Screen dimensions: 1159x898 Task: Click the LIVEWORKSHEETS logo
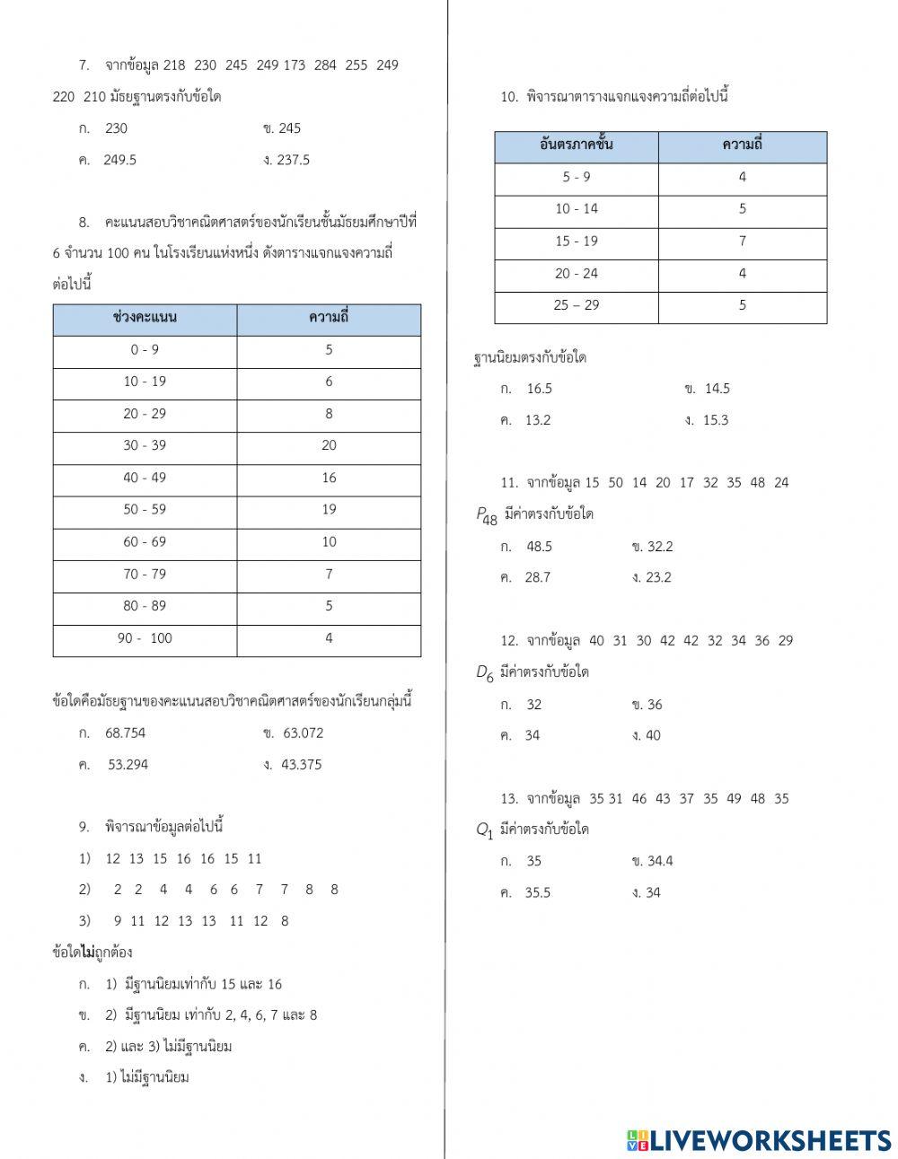(x=759, y=1139)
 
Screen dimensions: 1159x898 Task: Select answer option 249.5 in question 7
(x=119, y=160)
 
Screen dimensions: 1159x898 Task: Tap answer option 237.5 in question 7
(x=294, y=160)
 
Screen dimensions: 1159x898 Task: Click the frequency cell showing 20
(x=329, y=445)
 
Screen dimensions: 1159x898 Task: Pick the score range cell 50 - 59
(x=145, y=509)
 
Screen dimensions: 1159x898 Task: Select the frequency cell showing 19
(x=329, y=509)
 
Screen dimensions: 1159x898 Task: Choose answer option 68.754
(x=125, y=733)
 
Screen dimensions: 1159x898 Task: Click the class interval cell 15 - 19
(x=576, y=241)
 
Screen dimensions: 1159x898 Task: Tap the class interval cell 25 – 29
(x=576, y=305)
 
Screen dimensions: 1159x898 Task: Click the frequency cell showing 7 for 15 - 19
(x=742, y=241)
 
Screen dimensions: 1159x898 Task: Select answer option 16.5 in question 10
(x=539, y=389)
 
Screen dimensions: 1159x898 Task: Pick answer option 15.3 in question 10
(x=716, y=420)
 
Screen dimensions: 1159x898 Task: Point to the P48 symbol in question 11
(x=486, y=515)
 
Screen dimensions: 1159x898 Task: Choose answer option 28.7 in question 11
(x=537, y=577)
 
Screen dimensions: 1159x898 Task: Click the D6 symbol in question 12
(x=485, y=673)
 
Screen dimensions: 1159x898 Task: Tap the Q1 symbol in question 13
(x=485, y=830)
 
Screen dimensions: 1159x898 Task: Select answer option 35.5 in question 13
(x=537, y=892)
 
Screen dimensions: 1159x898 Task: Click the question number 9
(x=84, y=827)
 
